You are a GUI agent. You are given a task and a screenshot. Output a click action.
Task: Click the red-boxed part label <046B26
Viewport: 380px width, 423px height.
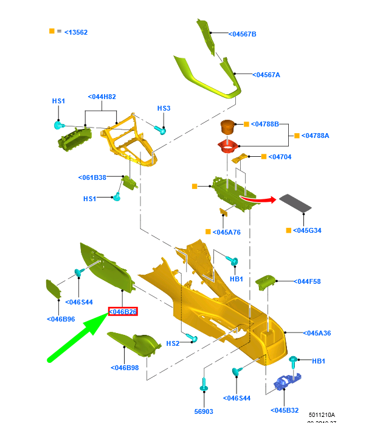click(x=123, y=312)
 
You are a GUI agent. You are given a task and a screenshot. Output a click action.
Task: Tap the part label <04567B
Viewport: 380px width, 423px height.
click(x=243, y=34)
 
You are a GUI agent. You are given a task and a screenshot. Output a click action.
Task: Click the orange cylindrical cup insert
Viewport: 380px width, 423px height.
click(x=227, y=128)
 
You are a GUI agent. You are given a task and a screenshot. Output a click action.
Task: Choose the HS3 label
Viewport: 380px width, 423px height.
click(x=164, y=108)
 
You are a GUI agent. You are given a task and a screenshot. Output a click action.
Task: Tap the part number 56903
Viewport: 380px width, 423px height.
click(x=204, y=411)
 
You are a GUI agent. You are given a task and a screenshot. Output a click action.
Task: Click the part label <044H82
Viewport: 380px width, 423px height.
click(x=102, y=97)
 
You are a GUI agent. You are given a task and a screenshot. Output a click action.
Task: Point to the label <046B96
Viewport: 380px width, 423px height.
click(x=61, y=319)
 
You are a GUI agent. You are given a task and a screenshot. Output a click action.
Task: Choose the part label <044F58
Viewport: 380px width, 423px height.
click(x=307, y=281)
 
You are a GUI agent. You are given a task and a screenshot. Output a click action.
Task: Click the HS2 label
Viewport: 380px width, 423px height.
click(x=173, y=343)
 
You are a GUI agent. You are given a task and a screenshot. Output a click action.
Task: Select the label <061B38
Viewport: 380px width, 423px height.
click(x=92, y=177)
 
